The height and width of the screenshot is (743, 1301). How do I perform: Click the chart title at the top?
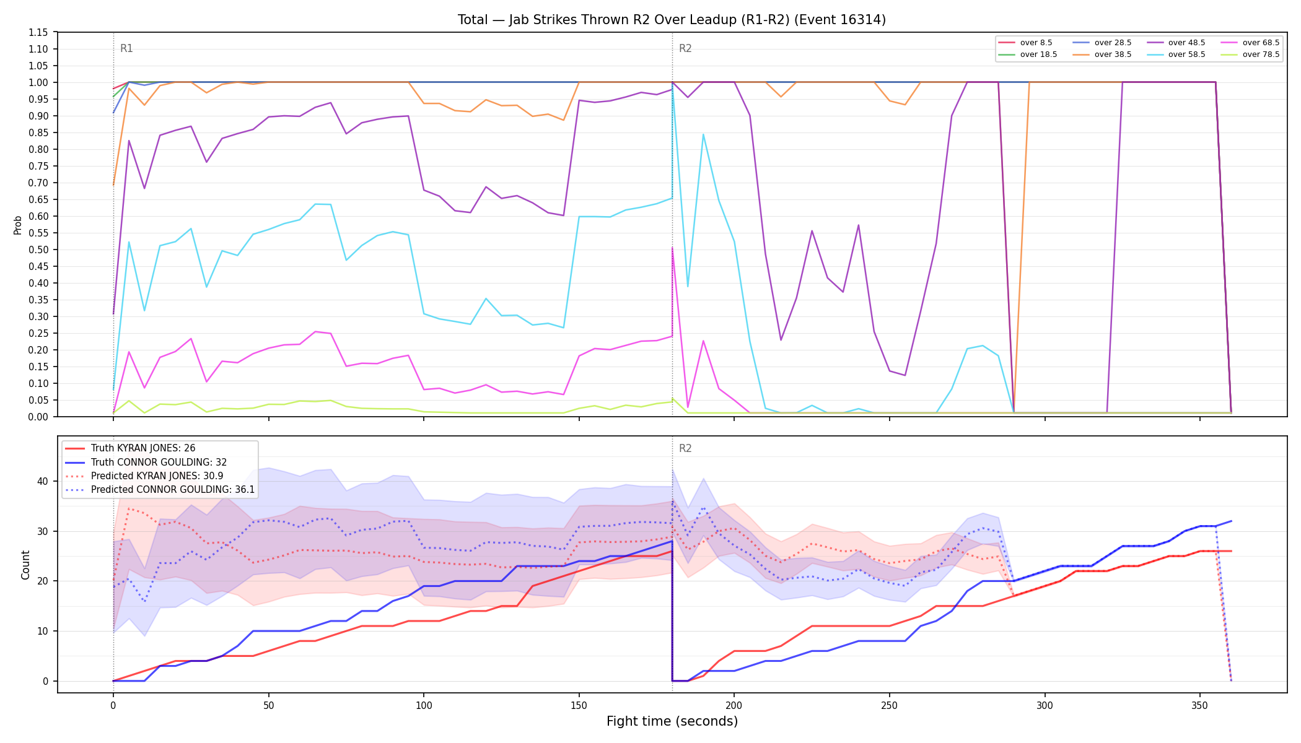672,20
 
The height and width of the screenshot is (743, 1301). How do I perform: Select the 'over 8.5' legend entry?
1025,43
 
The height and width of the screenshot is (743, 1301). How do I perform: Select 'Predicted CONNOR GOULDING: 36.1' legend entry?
160,489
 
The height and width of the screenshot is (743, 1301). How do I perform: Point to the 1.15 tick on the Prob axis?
38,32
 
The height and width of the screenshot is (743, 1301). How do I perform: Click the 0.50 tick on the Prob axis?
38,250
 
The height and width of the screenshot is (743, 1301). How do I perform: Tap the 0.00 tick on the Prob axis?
38,417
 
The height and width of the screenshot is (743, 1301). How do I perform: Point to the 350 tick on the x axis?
1200,705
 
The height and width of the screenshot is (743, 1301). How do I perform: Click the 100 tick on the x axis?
424,705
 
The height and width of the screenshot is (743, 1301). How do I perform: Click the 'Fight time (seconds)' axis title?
672,721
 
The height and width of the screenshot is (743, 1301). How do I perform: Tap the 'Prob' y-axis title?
18,225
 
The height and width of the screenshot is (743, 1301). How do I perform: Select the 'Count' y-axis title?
25,565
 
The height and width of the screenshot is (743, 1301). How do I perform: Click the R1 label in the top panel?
126,48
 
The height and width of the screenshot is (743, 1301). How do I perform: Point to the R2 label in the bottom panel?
685,448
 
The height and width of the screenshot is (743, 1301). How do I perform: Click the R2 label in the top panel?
685,48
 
